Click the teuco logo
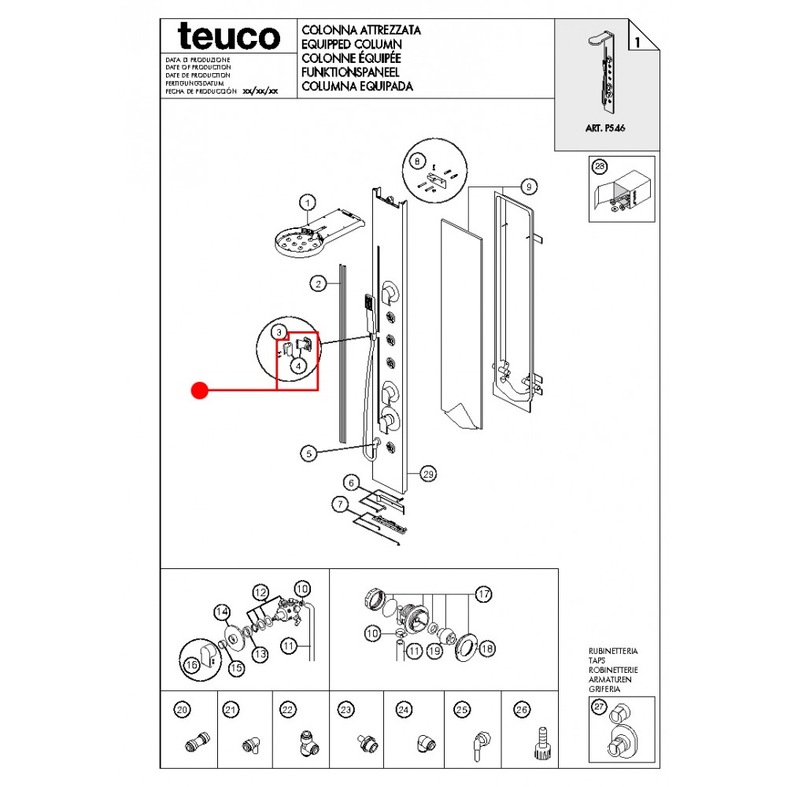pos(228,36)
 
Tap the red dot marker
pos(200,390)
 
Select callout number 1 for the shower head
pos(307,202)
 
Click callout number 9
pos(529,187)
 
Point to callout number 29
pos(428,474)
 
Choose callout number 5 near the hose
pos(309,453)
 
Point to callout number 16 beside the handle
pos(190,666)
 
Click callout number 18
pos(487,648)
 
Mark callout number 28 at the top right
pos(600,166)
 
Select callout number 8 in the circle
pos(417,161)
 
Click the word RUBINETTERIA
pos(613,652)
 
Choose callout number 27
pos(600,708)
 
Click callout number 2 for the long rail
pos(317,284)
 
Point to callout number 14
pos(222,611)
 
